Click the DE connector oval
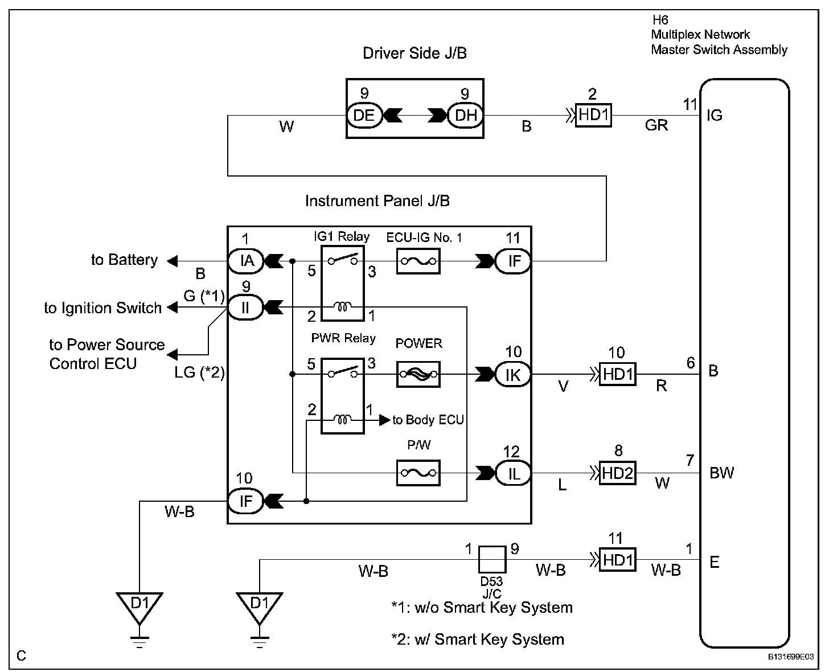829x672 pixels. click(363, 116)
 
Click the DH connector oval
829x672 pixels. click(465, 116)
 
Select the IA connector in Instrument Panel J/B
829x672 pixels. click(246, 261)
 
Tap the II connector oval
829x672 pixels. click(245, 308)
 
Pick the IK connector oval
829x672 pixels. click(513, 374)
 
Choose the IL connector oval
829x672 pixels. click(513, 473)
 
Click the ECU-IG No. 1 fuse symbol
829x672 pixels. click(418, 261)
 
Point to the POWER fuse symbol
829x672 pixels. click(418, 374)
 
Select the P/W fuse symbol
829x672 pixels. click(418, 473)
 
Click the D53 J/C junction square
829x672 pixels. click(492, 559)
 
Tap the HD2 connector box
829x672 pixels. click(618, 473)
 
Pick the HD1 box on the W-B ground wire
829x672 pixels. click(618, 559)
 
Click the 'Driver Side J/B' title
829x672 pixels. click(414, 54)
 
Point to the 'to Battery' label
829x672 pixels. click(124, 260)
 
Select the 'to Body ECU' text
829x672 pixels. click(428, 420)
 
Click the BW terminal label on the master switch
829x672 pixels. click(721, 473)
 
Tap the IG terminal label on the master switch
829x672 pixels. click(714, 116)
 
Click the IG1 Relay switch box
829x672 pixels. click(343, 283)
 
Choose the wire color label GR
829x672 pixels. click(656, 125)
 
